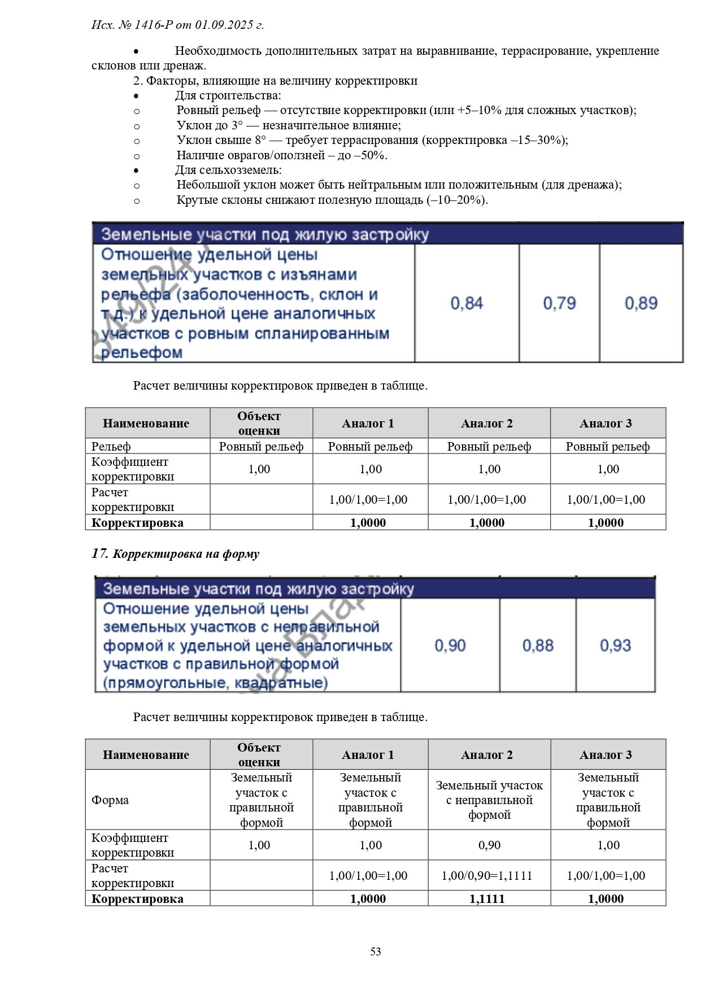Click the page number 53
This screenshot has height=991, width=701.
(375, 951)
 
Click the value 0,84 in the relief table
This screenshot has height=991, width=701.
(467, 303)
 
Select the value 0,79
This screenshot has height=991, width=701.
(559, 303)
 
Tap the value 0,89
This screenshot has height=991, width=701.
(641, 303)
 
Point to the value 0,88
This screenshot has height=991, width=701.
(538, 645)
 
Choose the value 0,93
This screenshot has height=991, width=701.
(615, 645)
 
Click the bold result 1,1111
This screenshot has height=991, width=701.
(487, 898)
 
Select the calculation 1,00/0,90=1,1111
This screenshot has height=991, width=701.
(487, 875)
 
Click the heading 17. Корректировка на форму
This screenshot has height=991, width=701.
(176, 553)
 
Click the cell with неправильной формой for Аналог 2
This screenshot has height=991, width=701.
(489, 800)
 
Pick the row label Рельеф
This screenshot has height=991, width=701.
(111, 446)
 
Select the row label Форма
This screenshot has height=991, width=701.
(110, 800)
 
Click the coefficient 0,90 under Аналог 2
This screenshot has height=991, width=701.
(489, 845)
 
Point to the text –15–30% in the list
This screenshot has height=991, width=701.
(540, 140)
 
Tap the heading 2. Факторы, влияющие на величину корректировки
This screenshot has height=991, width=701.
(276, 80)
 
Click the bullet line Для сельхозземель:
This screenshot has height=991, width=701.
(228, 169)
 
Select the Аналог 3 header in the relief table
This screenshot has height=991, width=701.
(606, 423)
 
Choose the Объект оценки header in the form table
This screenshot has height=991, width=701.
(259, 754)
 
